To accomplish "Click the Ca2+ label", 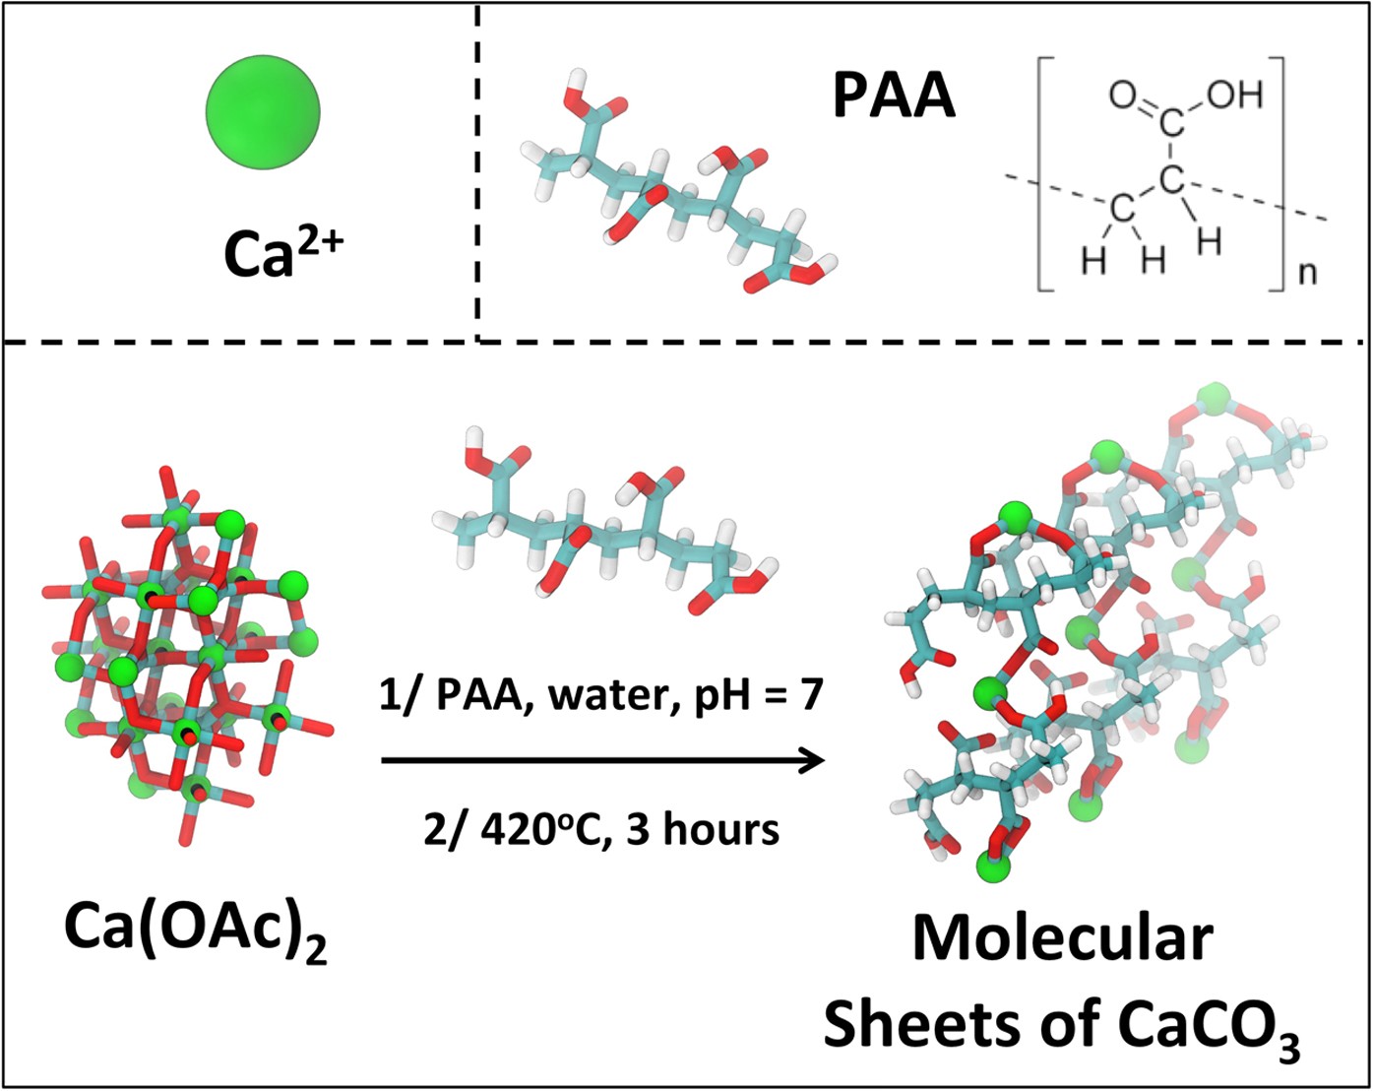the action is point(282,250).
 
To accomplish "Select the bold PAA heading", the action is point(894,96).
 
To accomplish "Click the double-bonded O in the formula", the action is point(1122,96).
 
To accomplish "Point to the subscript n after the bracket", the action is point(1306,273).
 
